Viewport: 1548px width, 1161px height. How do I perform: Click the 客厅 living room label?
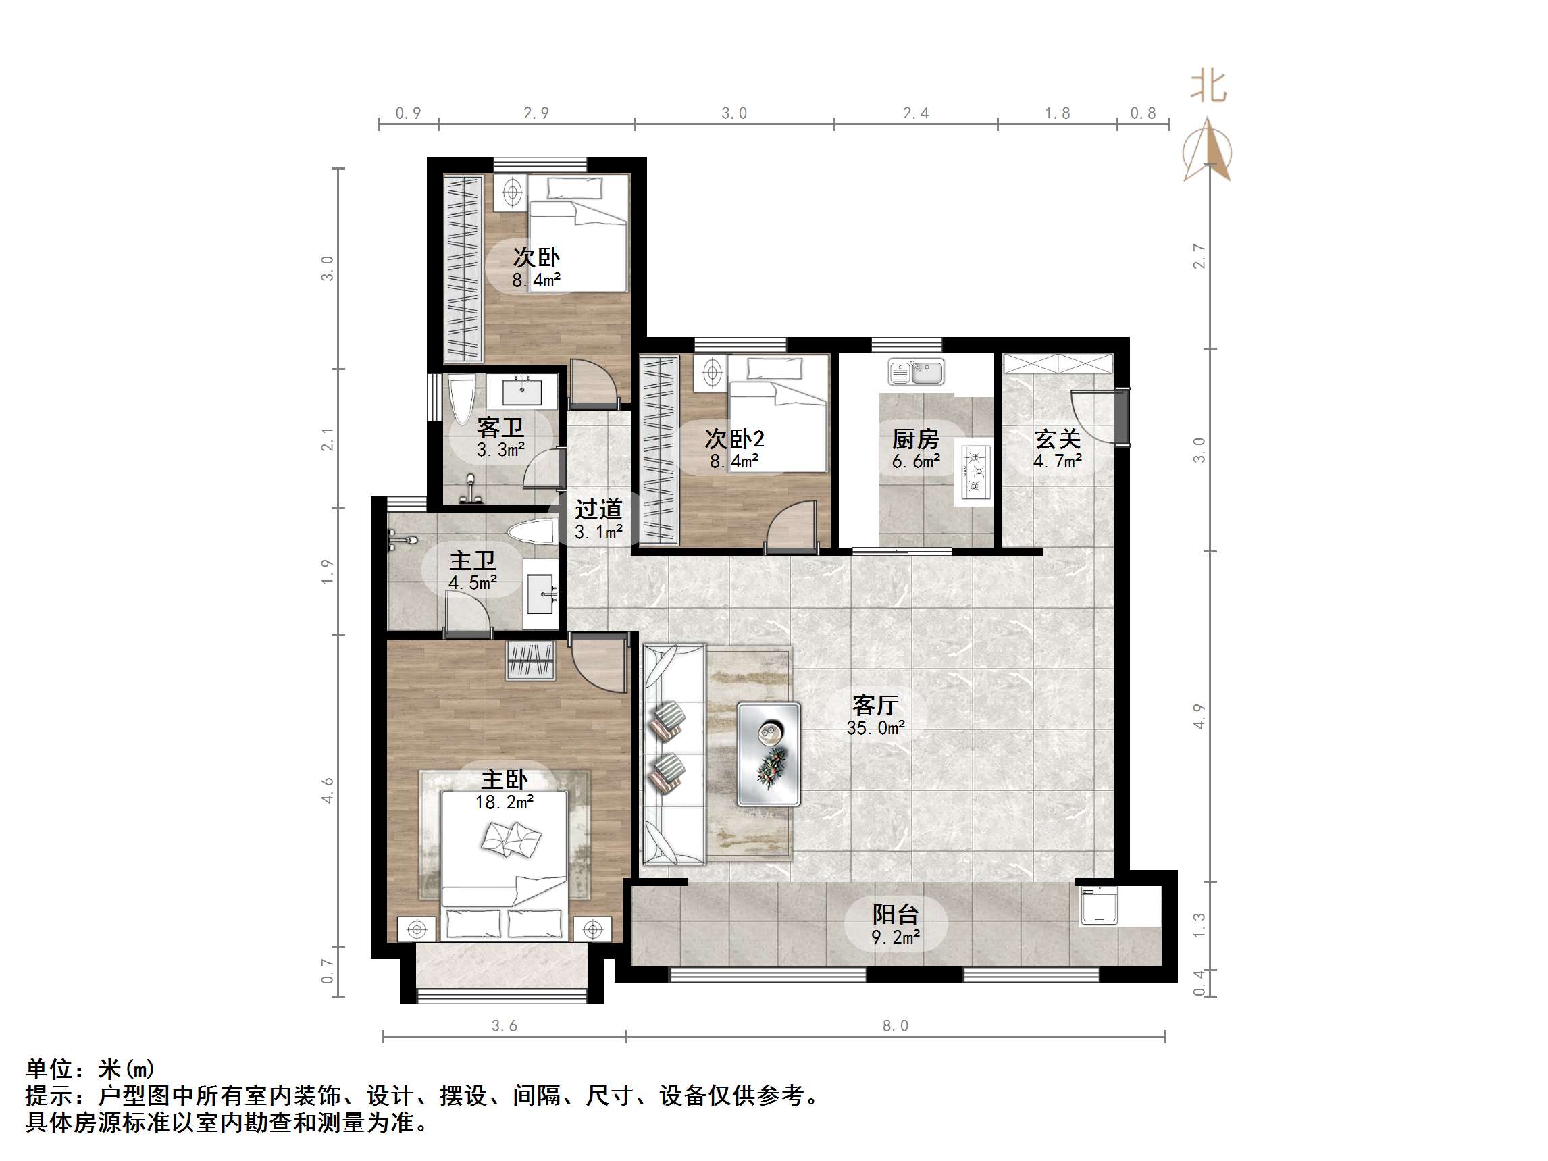point(875,704)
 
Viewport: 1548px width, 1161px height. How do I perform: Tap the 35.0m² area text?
point(875,729)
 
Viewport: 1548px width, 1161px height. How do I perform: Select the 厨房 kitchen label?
point(914,439)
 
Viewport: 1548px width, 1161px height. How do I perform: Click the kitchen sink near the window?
point(916,371)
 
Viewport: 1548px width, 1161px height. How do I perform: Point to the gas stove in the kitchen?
point(975,472)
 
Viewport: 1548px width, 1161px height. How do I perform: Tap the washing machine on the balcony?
point(1098,906)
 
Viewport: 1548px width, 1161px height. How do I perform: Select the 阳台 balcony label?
point(895,914)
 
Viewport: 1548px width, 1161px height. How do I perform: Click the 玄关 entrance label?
point(1057,439)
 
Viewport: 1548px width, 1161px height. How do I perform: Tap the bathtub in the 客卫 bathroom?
point(461,401)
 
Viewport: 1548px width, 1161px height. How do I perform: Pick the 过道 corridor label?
point(598,509)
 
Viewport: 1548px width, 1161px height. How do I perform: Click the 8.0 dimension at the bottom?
point(895,1026)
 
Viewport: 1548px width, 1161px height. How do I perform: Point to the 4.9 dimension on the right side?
point(1199,717)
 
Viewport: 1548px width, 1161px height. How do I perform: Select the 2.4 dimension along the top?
point(915,113)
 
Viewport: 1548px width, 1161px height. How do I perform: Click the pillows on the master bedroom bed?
point(511,838)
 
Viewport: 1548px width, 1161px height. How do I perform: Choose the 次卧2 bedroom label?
point(733,439)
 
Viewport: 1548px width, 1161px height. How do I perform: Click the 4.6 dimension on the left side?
point(328,790)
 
